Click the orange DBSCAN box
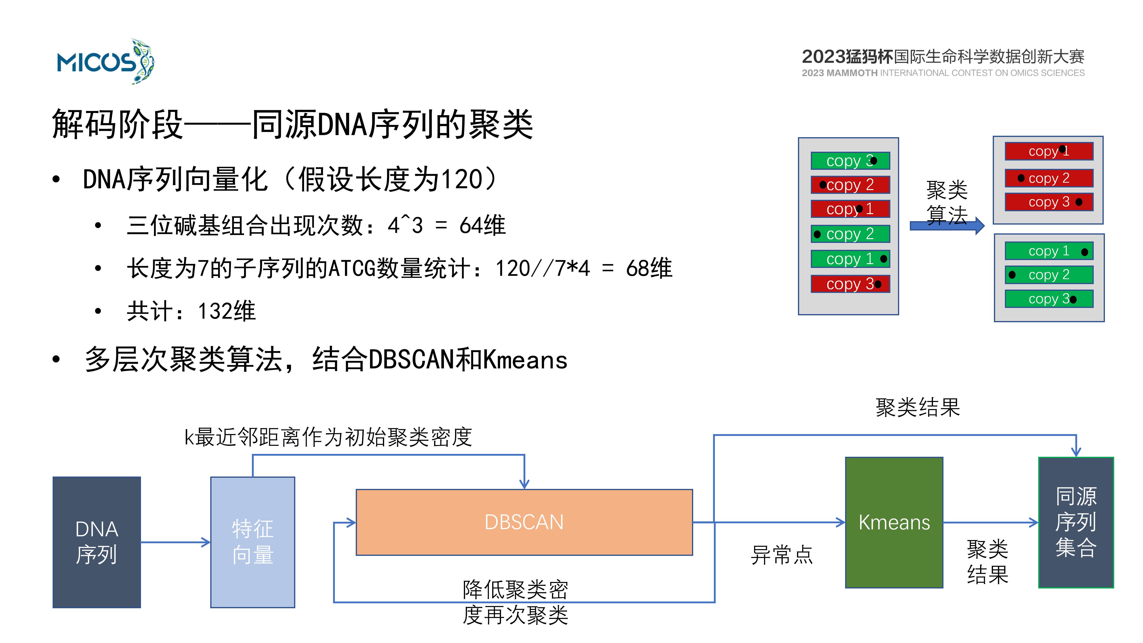coord(524,522)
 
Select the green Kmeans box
coord(894,522)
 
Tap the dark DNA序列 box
coord(97,542)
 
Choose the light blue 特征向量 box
coord(252,542)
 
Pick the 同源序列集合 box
coord(1076,522)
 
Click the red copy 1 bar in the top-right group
coord(1049,151)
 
